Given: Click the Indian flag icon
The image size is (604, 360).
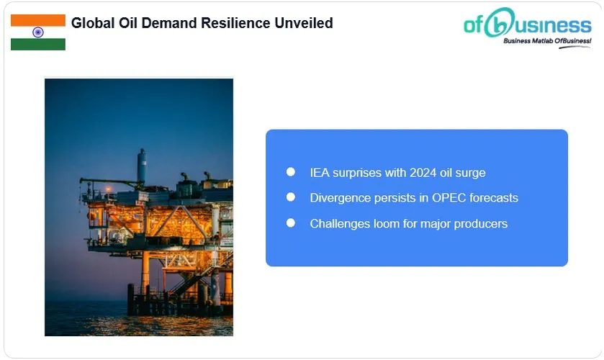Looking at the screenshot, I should [37, 32].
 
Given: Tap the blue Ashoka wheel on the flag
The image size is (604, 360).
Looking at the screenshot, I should [37, 32].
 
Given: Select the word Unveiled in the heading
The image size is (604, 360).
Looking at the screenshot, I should [304, 23].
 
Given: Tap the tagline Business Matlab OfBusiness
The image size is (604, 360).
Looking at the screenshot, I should [546, 42].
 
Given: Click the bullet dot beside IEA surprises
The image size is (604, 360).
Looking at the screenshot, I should [291, 172].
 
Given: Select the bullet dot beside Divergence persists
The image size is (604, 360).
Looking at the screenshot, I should [291, 197].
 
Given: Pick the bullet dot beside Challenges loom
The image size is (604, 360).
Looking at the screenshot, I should [291, 223].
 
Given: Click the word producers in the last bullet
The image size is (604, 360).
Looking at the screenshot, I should [481, 224].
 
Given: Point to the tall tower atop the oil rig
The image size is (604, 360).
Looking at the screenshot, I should [142, 164].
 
